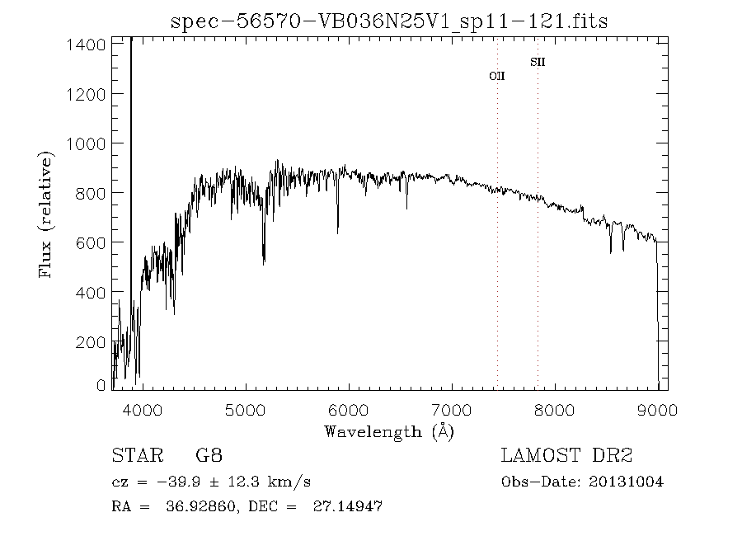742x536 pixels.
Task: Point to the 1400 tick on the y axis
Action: [86, 45]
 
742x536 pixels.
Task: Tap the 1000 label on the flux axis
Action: [85, 143]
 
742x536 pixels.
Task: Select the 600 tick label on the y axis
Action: [90, 242]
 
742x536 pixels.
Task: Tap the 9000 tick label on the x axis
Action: [657, 409]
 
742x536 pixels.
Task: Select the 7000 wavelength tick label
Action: [451, 409]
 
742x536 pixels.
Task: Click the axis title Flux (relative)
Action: [46, 214]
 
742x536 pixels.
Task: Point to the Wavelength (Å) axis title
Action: [388, 431]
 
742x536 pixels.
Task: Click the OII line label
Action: [497, 76]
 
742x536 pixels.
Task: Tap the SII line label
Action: [538, 62]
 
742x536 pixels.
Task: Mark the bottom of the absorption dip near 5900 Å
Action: [337, 233]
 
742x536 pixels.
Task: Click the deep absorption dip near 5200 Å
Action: [264, 263]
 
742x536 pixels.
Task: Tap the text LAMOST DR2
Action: [566, 456]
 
